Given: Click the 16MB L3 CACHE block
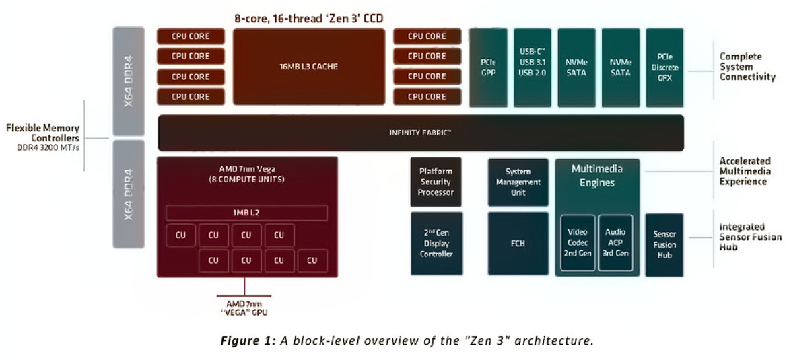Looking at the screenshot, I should [309, 67].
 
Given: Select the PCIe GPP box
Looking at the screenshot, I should [488, 67].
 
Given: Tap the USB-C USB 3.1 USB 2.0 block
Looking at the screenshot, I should [532, 67].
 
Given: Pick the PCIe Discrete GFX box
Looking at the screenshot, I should [664, 67].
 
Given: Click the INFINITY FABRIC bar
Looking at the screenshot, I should [421, 133].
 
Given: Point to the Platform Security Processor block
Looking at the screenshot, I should [436, 182].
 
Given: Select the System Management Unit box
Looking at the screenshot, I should [518, 182].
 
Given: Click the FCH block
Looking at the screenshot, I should [518, 244].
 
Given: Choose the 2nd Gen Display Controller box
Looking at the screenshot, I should [436, 244].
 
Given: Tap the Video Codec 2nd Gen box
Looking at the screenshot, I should [578, 243].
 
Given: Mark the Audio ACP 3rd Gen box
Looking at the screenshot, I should [615, 243].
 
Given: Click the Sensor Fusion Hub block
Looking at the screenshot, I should [664, 245].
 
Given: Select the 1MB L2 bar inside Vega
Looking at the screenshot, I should [246, 213].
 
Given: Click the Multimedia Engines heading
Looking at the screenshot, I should [596, 175].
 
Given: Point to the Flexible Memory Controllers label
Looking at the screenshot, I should [42, 133].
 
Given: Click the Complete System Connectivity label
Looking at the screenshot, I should [747, 67].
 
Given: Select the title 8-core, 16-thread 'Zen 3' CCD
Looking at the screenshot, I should [308, 18].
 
